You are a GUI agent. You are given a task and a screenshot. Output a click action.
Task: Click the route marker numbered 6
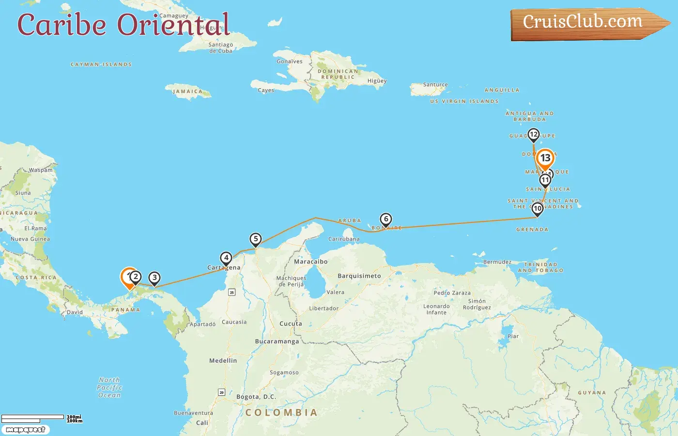pyautogui.click(x=386, y=219)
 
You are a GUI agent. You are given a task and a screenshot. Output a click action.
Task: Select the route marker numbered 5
pyautogui.click(x=255, y=239)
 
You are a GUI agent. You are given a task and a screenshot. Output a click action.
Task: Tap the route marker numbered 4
pyautogui.click(x=226, y=258)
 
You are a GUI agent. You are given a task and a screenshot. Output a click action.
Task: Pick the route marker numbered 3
pyautogui.click(x=154, y=278)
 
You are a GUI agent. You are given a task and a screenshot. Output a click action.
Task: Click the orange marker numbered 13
pyautogui.click(x=545, y=158)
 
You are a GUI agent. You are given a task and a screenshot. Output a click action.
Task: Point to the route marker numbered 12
pyautogui.click(x=533, y=135)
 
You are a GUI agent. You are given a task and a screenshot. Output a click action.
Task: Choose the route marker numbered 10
pyautogui.click(x=537, y=209)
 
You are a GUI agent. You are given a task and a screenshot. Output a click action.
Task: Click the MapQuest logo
pyautogui.click(x=25, y=429)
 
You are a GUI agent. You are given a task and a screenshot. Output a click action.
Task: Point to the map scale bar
pyautogui.click(x=33, y=418)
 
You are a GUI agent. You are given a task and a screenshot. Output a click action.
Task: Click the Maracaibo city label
pyautogui.click(x=310, y=262)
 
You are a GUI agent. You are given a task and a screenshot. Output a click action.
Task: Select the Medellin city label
pyautogui.click(x=223, y=360)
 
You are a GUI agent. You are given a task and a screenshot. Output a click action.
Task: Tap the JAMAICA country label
pyautogui.click(x=188, y=91)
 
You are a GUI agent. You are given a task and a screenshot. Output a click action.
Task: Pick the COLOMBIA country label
pyautogui.click(x=281, y=412)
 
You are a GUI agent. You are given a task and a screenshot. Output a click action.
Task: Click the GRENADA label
pyautogui.click(x=532, y=230)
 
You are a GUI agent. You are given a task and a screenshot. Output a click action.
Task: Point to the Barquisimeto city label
pyautogui.click(x=359, y=276)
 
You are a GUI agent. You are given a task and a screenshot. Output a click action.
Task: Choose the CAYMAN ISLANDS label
pyautogui.click(x=101, y=64)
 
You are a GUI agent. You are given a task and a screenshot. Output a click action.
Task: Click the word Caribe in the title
pyautogui.click(x=62, y=25)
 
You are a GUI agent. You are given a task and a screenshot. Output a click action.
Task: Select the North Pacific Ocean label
pyautogui.click(x=109, y=388)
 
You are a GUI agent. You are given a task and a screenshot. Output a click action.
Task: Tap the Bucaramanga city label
pyautogui.click(x=277, y=342)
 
